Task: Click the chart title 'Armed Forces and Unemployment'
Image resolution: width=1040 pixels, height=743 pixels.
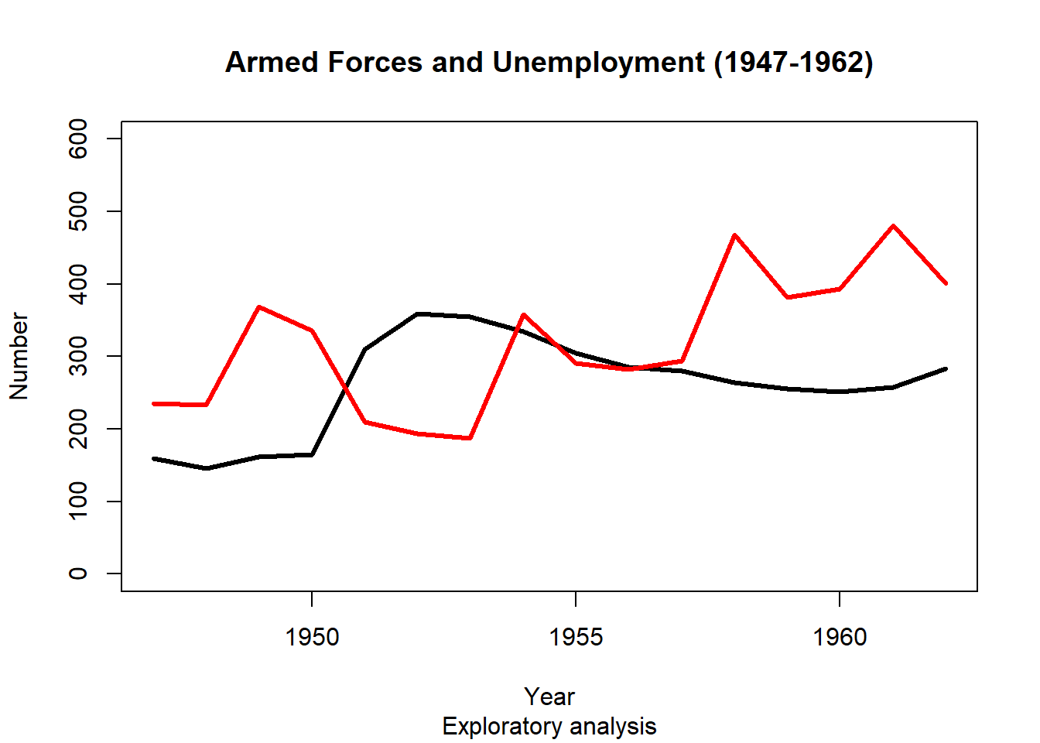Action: pyautogui.click(x=549, y=63)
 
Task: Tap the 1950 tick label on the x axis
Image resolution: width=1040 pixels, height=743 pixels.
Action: pyautogui.click(x=312, y=637)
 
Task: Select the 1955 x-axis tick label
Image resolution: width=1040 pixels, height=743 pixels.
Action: pyautogui.click(x=576, y=637)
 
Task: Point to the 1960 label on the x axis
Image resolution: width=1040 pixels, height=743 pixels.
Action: pyautogui.click(x=840, y=637)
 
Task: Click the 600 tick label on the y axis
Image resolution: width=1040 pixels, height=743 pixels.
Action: pyautogui.click(x=78, y=139)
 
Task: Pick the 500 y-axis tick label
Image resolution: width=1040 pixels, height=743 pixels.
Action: pyautogui.click(x=78, y=211)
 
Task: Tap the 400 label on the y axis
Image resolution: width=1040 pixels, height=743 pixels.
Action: pyautogui.click(x=78, y=284)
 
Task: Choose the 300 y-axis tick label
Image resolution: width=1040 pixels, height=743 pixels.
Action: pyautogui.click(x=78, y=356)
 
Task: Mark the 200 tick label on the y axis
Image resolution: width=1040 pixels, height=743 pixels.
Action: pyautogui.click(x=78, y=429)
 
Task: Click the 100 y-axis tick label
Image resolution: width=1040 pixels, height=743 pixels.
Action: pyautogui.click(x=78, y=502)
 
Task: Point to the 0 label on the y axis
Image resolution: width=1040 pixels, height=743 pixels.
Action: pyautogui.click(x=78, y=574)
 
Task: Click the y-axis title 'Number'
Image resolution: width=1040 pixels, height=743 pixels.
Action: pyautogui.click(x=19, y=356)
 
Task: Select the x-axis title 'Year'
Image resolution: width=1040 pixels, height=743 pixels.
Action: pyautogui.click(x=549, y=697)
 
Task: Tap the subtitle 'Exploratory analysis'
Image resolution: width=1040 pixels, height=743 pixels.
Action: pyautogui.click(x=549, y=727)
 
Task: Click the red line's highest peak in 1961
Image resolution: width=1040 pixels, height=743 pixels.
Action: pyautogui.click(x=893, y=226)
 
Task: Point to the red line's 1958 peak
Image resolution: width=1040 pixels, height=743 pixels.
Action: pyautogui.click(x=734, y=235)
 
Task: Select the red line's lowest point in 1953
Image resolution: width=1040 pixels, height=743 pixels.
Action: pyautogui.click(x=470, y=438)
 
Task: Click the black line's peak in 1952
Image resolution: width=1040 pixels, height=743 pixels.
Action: pyautogui.click(x=417, y=313)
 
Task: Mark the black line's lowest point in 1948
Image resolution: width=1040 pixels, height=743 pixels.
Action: pyautogui.click(x=207, y=468)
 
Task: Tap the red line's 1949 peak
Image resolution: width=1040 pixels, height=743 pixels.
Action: pyautogui.click(x=259, y=307)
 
